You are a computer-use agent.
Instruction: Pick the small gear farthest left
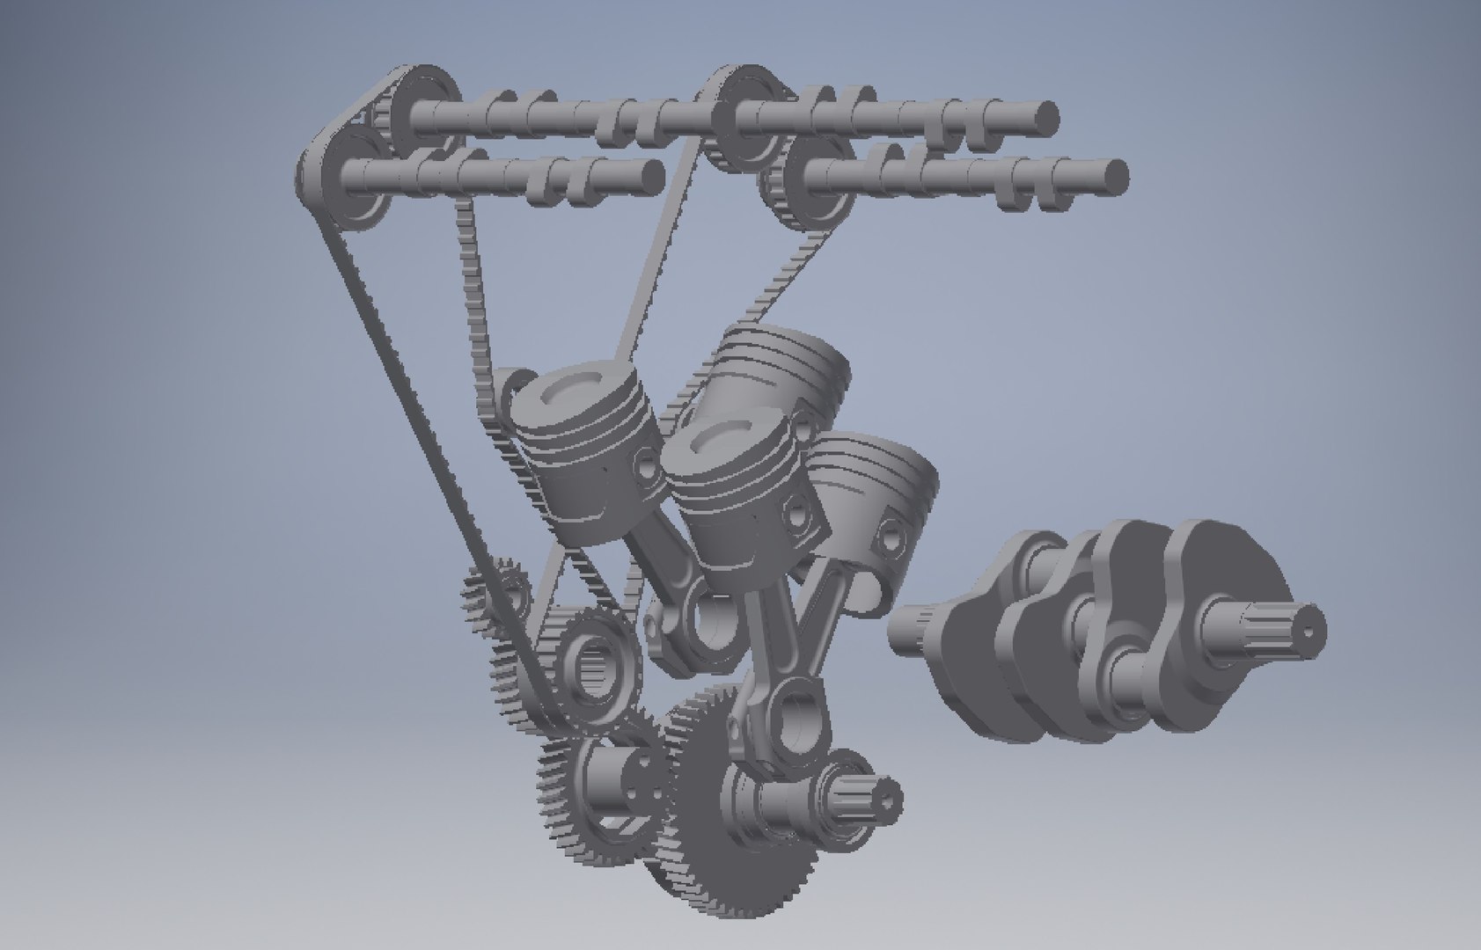coord(493,598)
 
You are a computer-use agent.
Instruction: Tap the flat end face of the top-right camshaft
coord(1045,118)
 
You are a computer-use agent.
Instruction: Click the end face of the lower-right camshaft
coord(1115,175)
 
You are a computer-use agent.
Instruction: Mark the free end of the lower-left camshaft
coord(650,174)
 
